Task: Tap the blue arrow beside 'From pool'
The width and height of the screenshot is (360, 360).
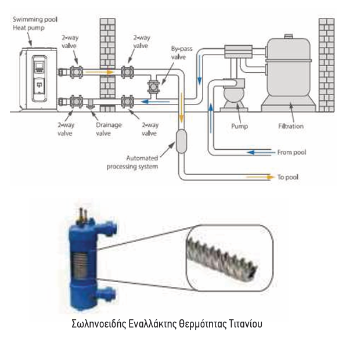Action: click(259, 153)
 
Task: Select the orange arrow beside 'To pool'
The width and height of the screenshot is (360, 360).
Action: click(259, 176)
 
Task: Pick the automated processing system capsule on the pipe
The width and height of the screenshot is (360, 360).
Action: click(181, 141)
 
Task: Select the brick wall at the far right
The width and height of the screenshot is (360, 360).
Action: click(326, 64)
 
